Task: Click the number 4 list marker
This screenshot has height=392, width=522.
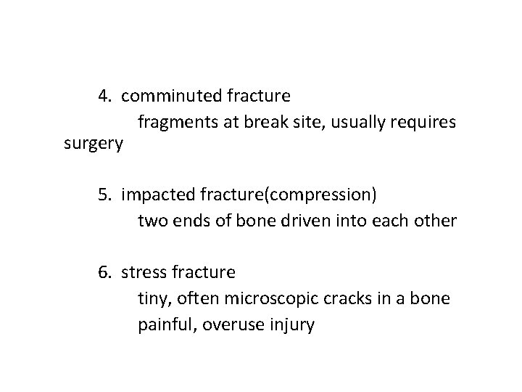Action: click(x=104, y=95)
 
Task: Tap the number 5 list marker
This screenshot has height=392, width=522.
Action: click(x=104, y=195)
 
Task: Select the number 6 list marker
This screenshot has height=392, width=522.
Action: click(x=104, y=273)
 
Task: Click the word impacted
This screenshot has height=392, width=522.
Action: click(x=155, y=195)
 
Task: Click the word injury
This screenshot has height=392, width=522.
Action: click(x=291, y=324)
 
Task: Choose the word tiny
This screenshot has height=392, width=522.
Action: click(x=152, y=298)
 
